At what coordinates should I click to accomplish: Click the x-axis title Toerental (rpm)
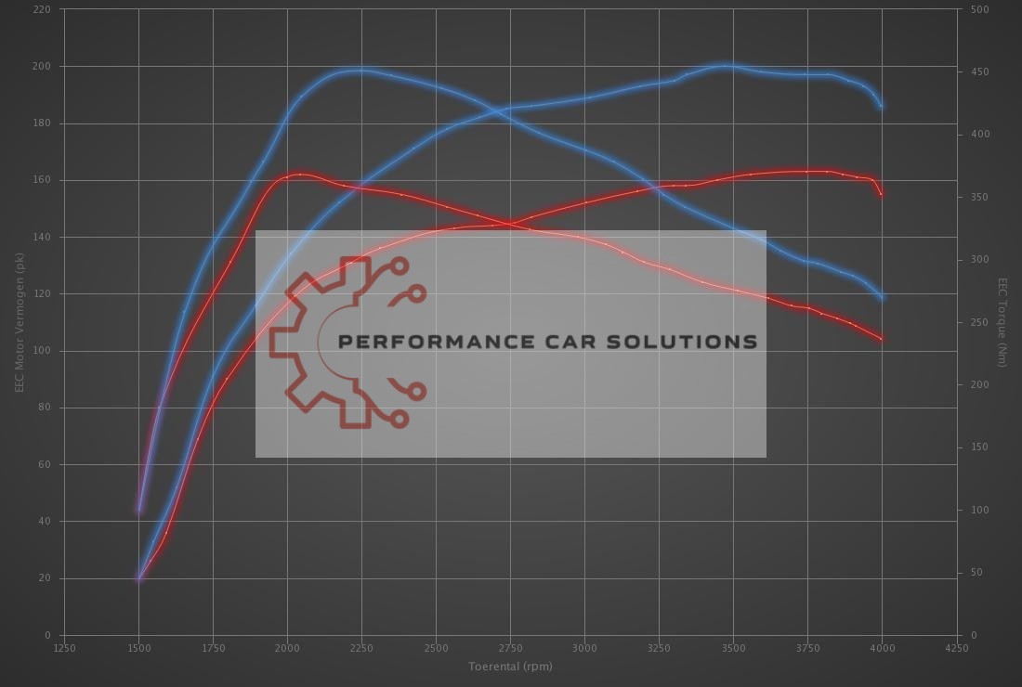pos(510,667)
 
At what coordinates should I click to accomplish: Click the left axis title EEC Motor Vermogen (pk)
pos(19,322)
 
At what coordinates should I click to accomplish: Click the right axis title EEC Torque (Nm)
pos(1002,322)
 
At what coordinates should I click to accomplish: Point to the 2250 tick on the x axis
pos(361,648)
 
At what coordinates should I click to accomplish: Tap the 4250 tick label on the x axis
pos(956,648)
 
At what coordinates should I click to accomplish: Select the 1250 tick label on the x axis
pos(64,648)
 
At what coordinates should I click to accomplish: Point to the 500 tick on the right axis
pos(978,9)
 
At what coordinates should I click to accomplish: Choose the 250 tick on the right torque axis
pos(978,322)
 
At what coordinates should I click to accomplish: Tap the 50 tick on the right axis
pos(976,573)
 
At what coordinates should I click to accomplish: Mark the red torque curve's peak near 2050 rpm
pos(300,174)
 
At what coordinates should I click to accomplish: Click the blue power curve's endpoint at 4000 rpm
pos(881,106)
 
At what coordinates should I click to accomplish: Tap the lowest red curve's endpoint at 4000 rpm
pos(881,339)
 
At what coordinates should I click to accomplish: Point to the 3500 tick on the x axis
pos(733,648)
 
